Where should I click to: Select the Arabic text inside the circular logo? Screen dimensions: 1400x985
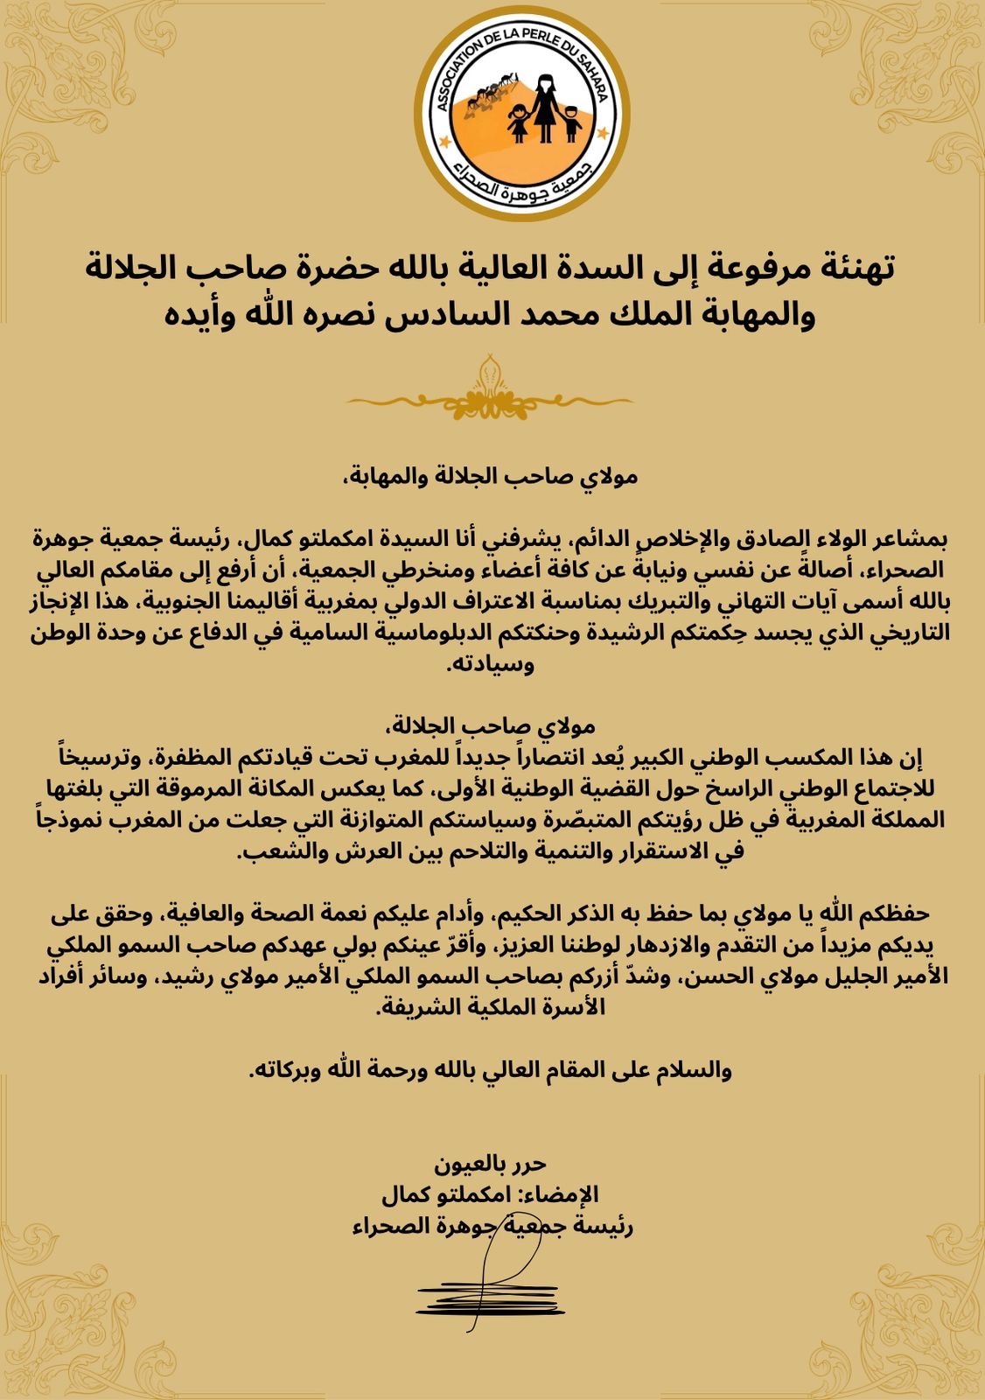(522, 180)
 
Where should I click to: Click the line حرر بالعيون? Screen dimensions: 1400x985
(491, 1164)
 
